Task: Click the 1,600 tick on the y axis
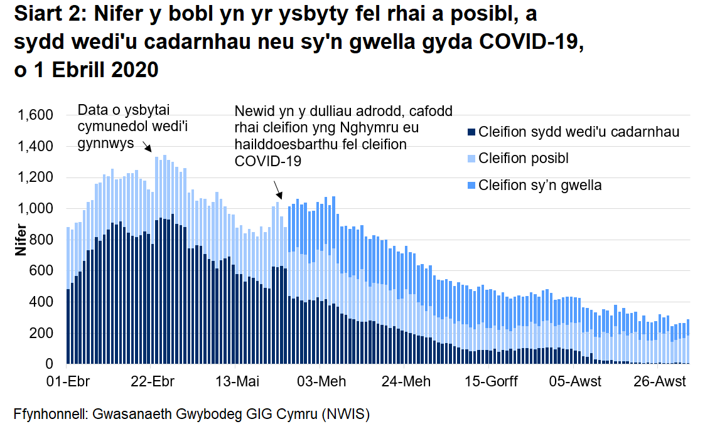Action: point(36,115)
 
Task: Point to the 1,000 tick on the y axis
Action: point(36,209)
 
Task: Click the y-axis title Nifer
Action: point(21,240)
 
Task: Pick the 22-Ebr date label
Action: point(153,381)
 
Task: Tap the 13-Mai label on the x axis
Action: point(237,381)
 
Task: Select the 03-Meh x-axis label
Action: point(320,381)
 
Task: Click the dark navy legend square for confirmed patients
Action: point(471,132)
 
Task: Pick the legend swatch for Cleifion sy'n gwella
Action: point(471,186)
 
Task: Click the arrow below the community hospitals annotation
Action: point(148,147)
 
